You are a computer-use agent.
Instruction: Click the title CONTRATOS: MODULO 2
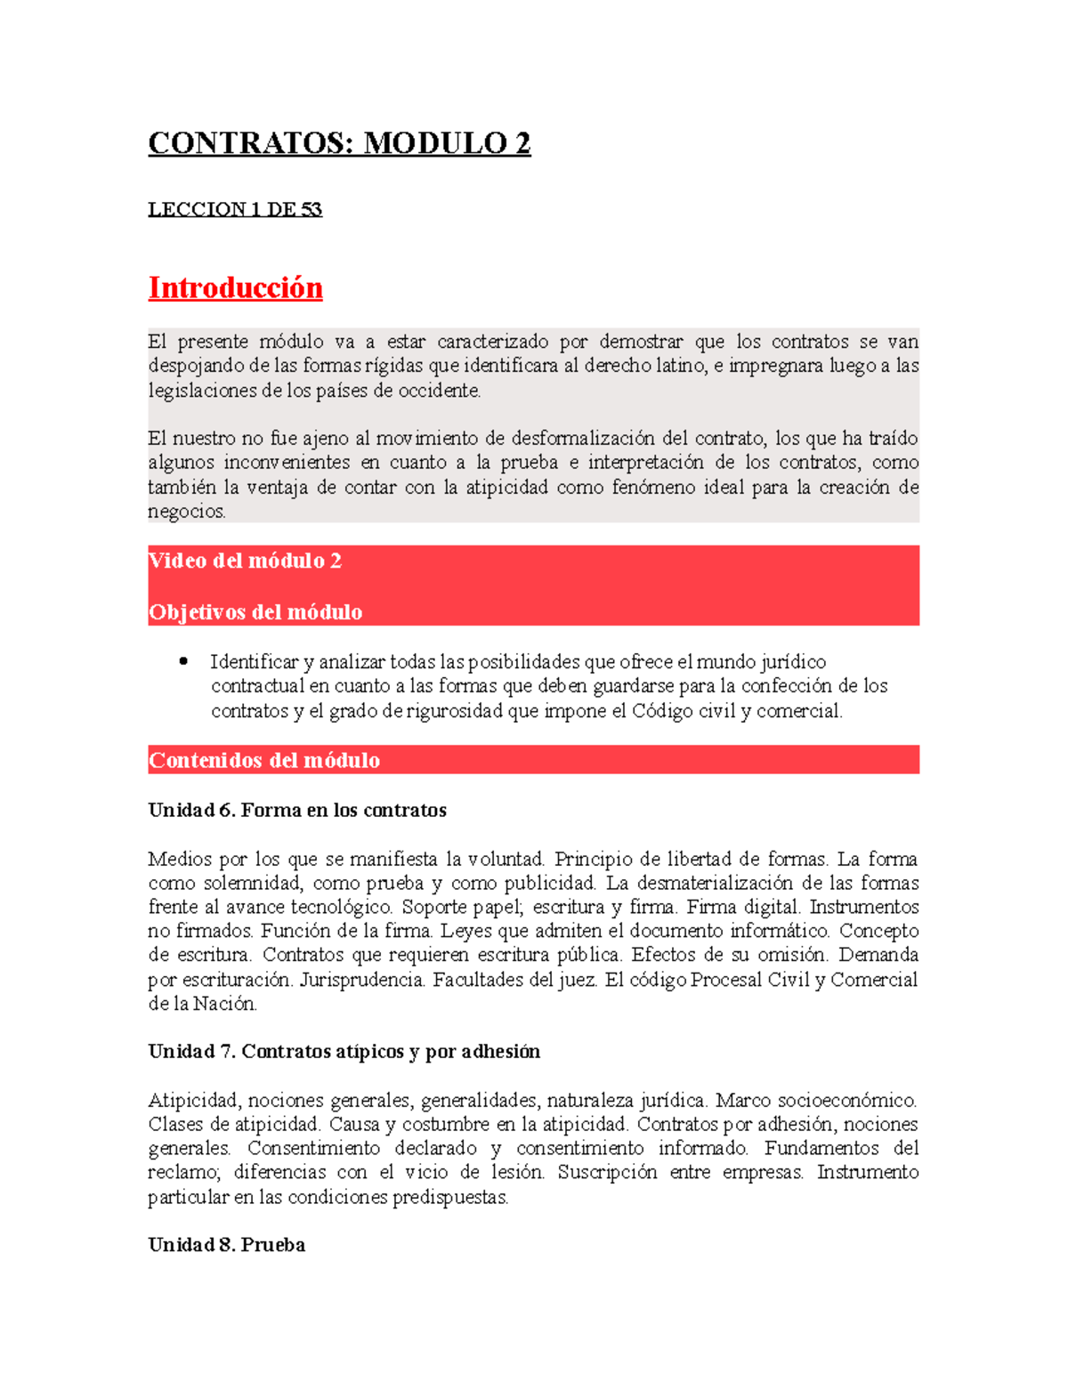[x=339, y=143]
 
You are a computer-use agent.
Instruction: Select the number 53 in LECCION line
[x=311, y=210]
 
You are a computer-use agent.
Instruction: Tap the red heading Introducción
[x=235, y=288]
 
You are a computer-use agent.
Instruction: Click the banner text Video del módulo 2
[x=245, y=561]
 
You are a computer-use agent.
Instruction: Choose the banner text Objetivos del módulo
[x=255, y=612]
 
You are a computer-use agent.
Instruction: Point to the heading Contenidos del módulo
[x=264, y=760]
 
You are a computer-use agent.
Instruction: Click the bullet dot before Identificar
[x=183, y=661]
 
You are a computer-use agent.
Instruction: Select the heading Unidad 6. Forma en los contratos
[x=297, y=810]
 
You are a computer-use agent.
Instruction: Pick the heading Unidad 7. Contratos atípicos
[x=344, y=1051]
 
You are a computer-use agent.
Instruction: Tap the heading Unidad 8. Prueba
[x=226, y=1245]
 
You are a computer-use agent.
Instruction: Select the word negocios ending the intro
[x=186, y=512]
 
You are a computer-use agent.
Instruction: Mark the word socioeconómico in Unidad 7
[x=849, y=1101]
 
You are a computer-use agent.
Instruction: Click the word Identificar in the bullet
[x=254, y=662]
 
